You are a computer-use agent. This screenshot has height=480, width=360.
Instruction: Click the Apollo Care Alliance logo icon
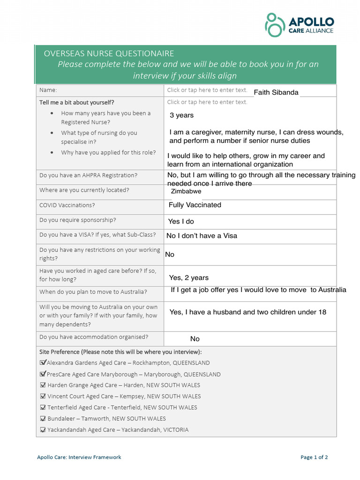275,25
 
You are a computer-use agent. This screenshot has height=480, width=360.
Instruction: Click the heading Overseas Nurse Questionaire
109,53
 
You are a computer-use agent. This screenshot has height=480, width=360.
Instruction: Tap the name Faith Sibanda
276,92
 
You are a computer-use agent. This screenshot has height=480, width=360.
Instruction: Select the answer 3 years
181,115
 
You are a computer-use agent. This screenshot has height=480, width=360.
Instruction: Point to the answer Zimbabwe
186,191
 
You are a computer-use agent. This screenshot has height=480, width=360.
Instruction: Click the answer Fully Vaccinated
195,205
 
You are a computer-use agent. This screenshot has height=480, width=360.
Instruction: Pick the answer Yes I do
181,221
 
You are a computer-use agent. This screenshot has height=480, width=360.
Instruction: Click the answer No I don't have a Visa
202,236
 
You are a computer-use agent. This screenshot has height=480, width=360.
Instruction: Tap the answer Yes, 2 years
189,278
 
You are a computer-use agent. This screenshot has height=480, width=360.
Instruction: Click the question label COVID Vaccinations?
67,205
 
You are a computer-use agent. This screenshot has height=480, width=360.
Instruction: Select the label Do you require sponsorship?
78,220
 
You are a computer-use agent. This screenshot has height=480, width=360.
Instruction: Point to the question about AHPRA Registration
89,175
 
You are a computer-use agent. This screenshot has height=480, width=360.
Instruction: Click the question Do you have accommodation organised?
94,337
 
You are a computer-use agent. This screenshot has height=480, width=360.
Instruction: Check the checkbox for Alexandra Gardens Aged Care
43,362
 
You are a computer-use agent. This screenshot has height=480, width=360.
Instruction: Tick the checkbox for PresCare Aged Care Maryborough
43,374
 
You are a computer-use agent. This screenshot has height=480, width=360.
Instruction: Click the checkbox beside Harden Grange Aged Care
43,385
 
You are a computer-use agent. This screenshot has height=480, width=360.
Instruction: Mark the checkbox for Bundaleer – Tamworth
43,419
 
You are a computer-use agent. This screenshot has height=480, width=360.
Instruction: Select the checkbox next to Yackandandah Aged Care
43,430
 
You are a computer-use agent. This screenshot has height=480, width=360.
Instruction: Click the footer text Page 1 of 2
314,457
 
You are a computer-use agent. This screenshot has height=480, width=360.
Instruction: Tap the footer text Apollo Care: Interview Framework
79,457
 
